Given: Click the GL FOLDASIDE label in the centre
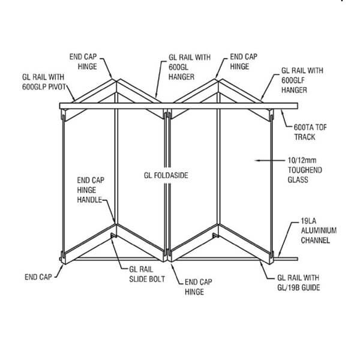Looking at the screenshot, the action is (x=166, y=175).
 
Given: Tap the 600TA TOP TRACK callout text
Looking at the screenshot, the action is (x=310, y=132).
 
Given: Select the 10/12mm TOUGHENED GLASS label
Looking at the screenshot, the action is (x=305, y=170).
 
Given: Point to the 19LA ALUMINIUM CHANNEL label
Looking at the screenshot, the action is (x=319, y=230).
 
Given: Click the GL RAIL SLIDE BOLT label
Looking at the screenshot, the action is (x=147, y=274).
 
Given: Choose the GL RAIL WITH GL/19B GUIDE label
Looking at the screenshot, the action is (x=298, y=283).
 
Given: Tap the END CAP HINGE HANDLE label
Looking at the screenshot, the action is (x=91, y=190).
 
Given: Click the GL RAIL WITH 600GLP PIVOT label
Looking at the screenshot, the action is (x=44, y=82).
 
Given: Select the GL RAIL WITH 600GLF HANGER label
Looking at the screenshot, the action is (x=302, y=80).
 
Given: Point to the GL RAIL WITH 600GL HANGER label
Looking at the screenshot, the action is (x=190, y=67).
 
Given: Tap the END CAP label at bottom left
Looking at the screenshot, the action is (x=38, y=277).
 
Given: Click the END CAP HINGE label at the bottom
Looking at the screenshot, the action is (x=199, y=287).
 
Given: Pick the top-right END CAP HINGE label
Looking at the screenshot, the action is (x=244, y=62).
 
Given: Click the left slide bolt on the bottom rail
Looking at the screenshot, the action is (x=113, y=236).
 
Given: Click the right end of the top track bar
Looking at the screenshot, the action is (x=298, y=106).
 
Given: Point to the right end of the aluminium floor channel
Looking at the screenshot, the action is (x=298, y=259).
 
